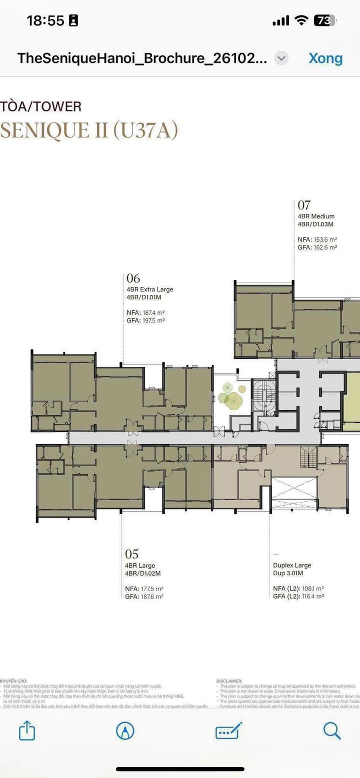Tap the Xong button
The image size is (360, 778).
(x=325, y=58)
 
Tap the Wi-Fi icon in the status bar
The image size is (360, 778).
(x=301, y=20)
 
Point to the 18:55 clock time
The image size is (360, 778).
(x=45, y=20)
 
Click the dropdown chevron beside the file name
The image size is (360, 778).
(x=281, y=58)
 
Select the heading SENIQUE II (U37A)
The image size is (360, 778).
(x=89, y=130)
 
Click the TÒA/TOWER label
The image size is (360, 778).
(x=41, y=106)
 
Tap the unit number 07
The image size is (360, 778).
(x=304, y=205)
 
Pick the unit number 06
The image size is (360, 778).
(x=133, y=278)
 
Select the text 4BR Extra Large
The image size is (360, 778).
(x=150, y=289)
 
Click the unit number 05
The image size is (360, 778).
(x=131, y=554)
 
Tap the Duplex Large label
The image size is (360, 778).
(x=292, y=565)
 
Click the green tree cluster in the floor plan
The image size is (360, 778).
(x=231, y=396)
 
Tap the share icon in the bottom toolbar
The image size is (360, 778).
(x=27, y=731)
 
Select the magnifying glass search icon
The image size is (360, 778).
(x=331, y=731)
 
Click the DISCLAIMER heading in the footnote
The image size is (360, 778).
(x=229, y=681)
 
